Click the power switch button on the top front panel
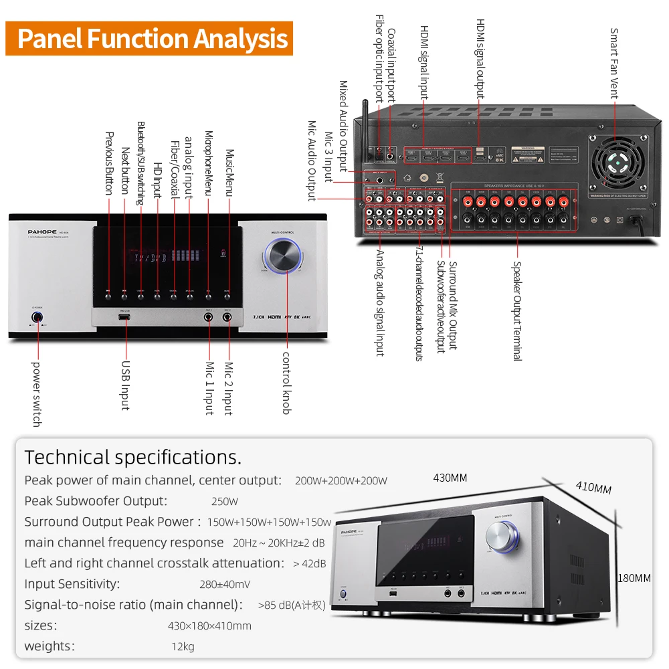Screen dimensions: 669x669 pyautogui.click(x=37, y=318)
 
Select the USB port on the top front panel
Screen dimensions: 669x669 pyautogui.click(x=125, y=318)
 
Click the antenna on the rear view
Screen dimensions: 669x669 pyautogui.click(x=366, y=130)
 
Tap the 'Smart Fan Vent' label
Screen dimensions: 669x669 pyautogui.click(x=614, y=64)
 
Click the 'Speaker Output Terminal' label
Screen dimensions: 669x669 pyautogui.click(x=516, y=310)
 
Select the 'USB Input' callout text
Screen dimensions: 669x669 pyautogui.click(x=125, y=386)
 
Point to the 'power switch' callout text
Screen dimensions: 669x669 pyautogui.click(x=37, y=394)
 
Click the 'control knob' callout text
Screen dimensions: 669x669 pyautogui.click(x=286, y=383)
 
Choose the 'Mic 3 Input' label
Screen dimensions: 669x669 pyautogui.click(x=328, y=155)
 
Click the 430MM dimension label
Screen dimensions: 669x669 pyautogui.click(x=450, y=478)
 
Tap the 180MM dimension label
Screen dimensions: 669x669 pyautogui.click(x=634, y=578)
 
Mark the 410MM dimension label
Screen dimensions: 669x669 pyautogui.click(x=593, y=487)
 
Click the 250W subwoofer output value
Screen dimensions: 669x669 pyautogui.click(x=225, y=501)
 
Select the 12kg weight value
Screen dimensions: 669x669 pyautogui.click(x=183, y=647)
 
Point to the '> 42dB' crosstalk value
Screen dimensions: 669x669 pyautogui.click(x=309, y=563)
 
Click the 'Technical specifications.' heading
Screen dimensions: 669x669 pyautogui.click(x=132, y=458)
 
